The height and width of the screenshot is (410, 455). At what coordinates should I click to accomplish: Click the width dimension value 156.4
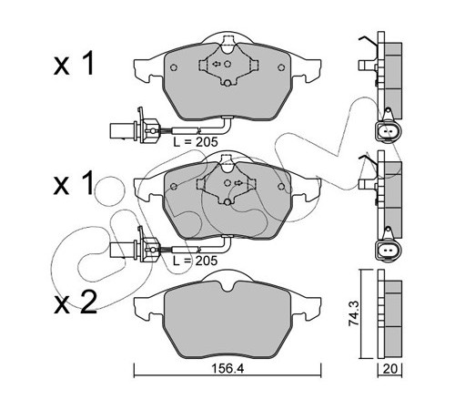(227, 368)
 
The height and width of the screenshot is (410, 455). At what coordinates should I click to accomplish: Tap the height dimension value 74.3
(354, 313)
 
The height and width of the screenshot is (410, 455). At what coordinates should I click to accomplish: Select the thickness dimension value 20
(390, 369)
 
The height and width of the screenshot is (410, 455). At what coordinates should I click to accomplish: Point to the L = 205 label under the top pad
(196, 142)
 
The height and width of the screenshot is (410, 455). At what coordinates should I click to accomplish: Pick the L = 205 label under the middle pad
(196, 261)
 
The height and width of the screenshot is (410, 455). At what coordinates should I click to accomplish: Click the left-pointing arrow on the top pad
(217, 64)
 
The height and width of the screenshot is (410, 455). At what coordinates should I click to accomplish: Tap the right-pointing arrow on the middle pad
(238, 182)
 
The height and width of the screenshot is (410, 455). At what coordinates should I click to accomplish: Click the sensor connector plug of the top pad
(134, 129)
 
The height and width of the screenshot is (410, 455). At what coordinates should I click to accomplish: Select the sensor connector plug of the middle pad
(134, 248)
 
